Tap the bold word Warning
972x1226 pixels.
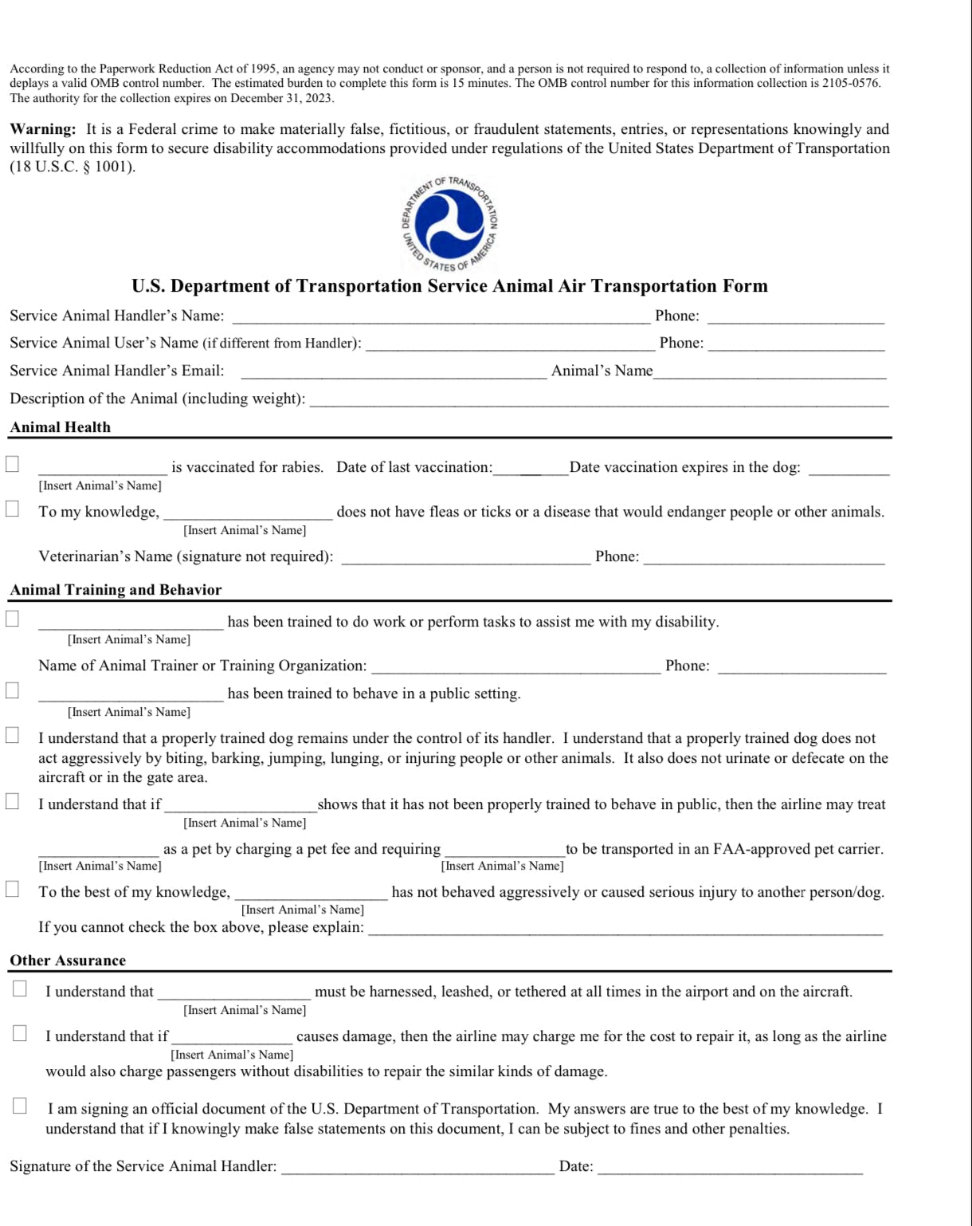pos(43,129)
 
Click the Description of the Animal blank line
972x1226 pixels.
pos(598,401)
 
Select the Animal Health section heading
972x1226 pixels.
pos(61,427)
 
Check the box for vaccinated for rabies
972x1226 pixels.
pos(13,464)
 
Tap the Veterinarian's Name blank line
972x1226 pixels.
pos(466,559)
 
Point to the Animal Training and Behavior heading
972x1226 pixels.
pos(116,590)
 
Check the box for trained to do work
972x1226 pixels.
pos(13,619)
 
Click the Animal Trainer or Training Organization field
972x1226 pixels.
pos(516,668)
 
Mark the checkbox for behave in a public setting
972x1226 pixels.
pos(13,690)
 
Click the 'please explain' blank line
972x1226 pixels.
pos(625,929)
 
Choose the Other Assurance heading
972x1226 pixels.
pos(68,961)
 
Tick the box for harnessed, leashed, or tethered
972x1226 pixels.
pos(20,989)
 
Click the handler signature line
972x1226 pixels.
pos(417,1169)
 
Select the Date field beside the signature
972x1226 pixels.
pos(730,1169)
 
